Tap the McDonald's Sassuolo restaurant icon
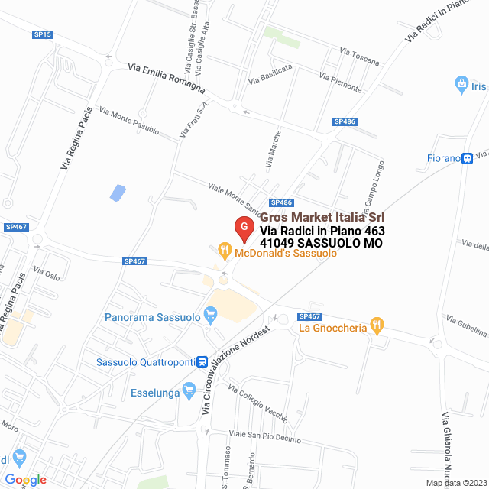[224, 249]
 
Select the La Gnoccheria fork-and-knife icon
[376, 325]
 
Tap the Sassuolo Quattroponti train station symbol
[202, 361]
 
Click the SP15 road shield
[43, 34]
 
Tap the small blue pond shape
[118, 193]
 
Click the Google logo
[25, 480]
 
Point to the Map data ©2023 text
[455, 482]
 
